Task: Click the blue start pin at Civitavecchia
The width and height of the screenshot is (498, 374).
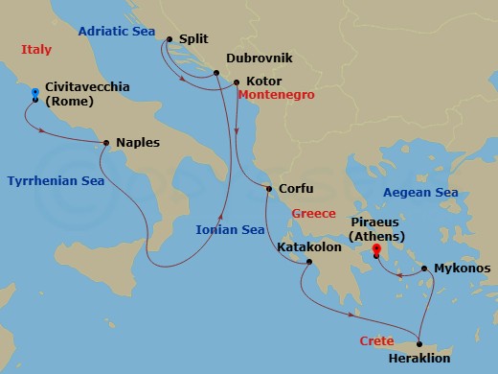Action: (x=35, y=94)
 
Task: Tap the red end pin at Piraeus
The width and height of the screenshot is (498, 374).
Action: (x=375, y=251)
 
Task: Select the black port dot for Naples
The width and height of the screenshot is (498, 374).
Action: (x=106, y=143)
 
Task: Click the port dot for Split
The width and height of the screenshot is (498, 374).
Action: (x=169, y=39)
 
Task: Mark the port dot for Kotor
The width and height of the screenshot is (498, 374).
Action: (x=237, y=82)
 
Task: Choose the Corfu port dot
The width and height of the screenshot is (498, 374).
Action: (x=268, y=189)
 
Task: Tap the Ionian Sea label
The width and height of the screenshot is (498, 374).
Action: (x=230, y=230)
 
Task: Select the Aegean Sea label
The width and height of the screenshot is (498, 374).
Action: (x=419, y=193)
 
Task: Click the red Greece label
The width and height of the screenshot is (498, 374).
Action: (x=313, y=213)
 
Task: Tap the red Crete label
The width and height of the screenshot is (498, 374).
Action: (x=377, y=340)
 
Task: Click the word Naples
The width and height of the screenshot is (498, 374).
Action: (x=137, y=143)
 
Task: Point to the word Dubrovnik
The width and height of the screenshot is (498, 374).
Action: (x=259, y=58)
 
